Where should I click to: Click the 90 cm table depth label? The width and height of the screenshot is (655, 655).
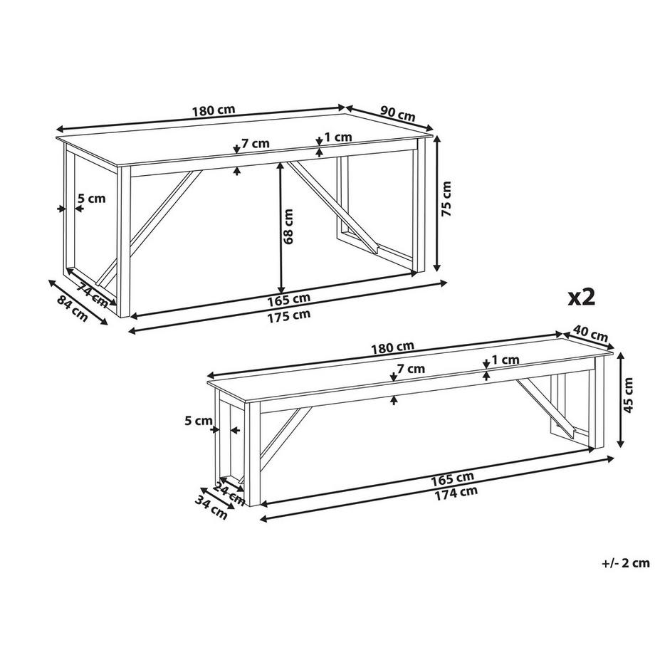(x=398, y=113)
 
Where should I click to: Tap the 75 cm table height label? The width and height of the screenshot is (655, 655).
(x=446, y=199)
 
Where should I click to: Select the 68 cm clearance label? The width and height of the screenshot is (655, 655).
(x=288, y=226)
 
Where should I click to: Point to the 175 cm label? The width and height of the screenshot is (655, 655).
(x=289, y=315)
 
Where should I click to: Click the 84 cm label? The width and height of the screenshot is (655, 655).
(x=73, y=308)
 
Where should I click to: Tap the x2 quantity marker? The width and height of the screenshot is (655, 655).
(x=581, y=298)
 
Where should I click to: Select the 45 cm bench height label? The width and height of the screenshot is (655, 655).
(x=628, y=394)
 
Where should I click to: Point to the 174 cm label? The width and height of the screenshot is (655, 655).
(x=456, y=494)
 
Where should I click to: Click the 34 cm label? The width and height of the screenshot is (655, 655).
(x=211, y=506)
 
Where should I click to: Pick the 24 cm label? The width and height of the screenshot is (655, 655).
(x=229, y=493)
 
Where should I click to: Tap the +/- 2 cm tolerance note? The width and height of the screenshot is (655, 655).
(x=625, y=563)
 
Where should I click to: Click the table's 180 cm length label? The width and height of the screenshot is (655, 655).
(x=214, y=110)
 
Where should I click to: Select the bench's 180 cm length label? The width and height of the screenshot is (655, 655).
(x=393, y=347)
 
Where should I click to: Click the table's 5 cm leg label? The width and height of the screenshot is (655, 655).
(x=91, y=198)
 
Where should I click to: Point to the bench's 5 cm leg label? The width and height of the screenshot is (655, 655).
(x=199, y=421)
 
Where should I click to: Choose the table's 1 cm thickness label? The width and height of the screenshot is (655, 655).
(x=338, y=137)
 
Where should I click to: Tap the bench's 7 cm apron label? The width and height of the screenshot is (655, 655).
(x=411, y=369)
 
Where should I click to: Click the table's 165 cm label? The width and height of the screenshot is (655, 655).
(x=288, y=300)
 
